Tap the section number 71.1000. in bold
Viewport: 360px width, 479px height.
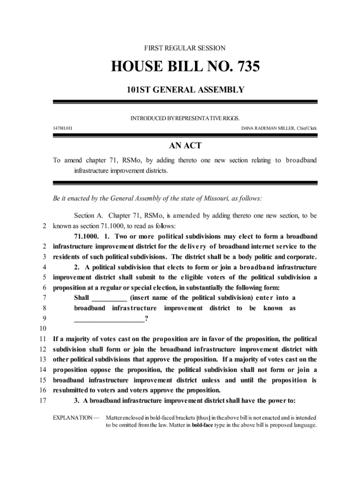coord(87,236)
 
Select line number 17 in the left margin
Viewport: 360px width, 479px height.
coord(43,400)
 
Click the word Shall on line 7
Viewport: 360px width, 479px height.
coord(82,298)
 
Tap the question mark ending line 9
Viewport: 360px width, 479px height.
coord(146,319)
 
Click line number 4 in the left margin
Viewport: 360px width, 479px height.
coord(43,267)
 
